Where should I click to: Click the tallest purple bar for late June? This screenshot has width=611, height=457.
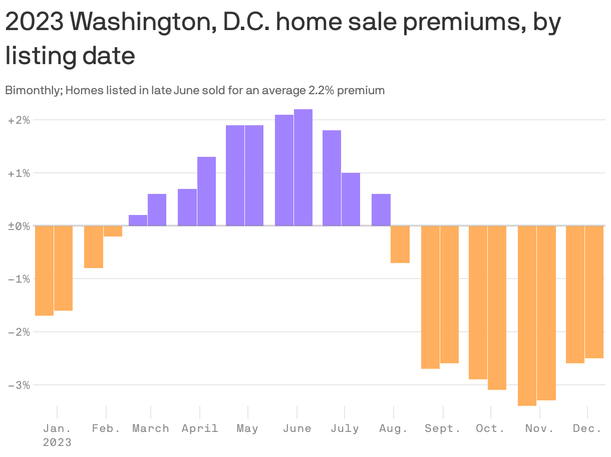click(303, 167)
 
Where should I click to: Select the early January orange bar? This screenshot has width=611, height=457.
click(44, 271)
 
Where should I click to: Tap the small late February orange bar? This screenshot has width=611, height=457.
click(113, 231)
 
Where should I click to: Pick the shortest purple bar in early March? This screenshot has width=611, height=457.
click(138, 220)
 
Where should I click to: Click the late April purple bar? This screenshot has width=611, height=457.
click(206, 191)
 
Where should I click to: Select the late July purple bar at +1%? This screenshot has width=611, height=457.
click(351, 199)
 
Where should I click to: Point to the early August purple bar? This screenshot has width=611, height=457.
click(381, 210)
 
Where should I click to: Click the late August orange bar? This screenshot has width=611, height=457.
click(400, 245)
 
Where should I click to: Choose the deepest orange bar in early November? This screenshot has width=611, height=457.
click(527, 316)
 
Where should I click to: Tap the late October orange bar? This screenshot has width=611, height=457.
click(497, 308)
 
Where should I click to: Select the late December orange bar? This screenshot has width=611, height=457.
click(594, 292)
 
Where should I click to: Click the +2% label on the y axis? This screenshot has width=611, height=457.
click(19, 120)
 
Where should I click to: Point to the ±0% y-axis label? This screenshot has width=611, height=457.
click(19, 226)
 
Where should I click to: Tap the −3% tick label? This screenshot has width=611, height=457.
click(19, 385)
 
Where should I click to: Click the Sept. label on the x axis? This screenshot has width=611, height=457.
click(442, 428)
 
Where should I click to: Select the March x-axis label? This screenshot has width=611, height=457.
click(150, 428)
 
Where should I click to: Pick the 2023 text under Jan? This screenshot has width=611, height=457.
click(57, 442)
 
